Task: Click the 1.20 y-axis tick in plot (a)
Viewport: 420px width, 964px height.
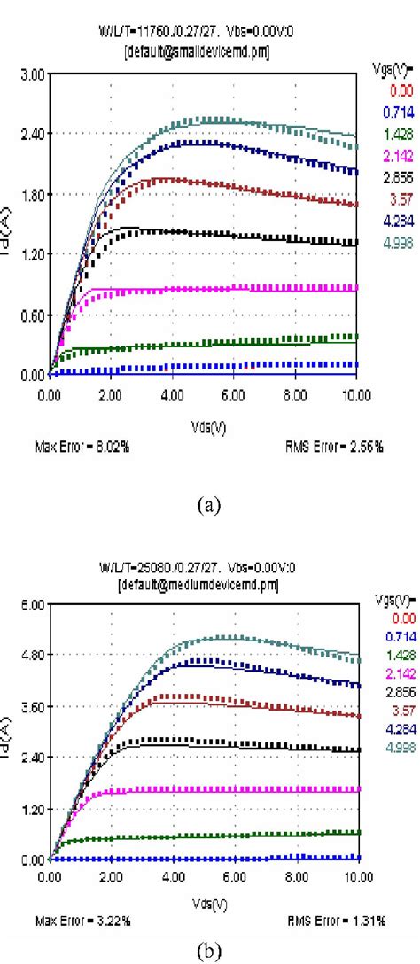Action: coord(32,254)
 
